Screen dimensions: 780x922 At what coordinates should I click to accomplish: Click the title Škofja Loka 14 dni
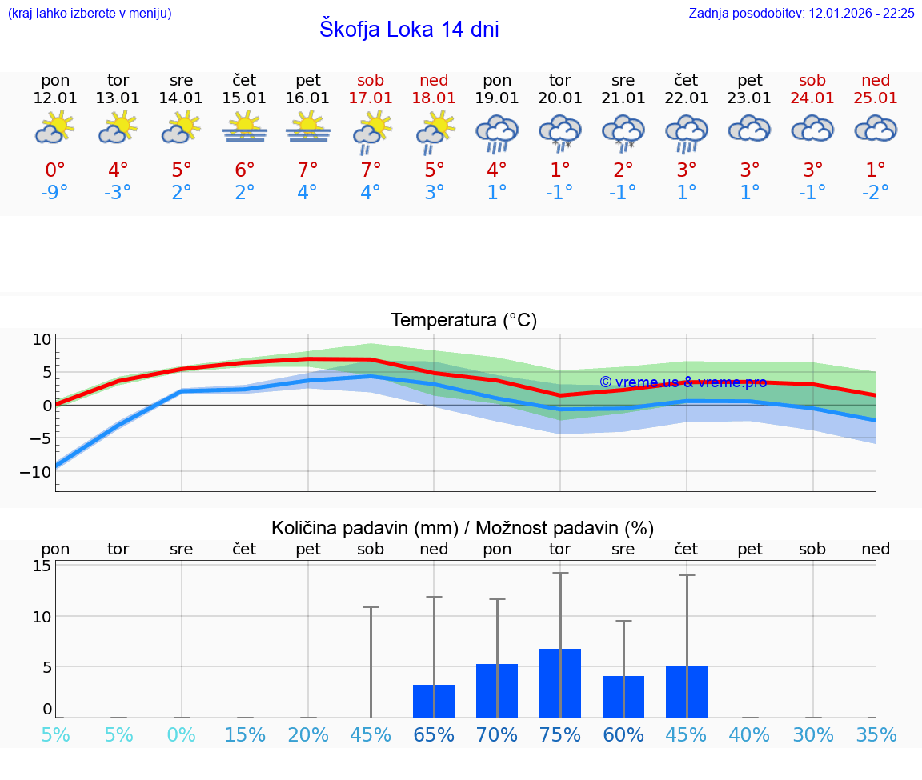[x=409, y=30]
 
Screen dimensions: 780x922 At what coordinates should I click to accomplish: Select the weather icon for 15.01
[x=244, y=128]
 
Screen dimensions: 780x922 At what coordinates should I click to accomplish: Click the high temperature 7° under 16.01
[x=307, y=170]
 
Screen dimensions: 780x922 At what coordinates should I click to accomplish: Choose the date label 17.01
[x=371, y=98]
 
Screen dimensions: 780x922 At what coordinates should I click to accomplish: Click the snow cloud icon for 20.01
[x=559, y=132]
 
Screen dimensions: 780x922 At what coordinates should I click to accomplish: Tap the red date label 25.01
[x=876, y=98]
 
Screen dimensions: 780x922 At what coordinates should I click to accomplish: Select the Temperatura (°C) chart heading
[x=463, y=320]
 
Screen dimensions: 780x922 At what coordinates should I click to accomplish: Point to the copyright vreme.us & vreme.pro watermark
[x=683, y=382]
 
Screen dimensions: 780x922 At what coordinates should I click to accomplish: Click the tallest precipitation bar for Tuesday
[x=559, y=683]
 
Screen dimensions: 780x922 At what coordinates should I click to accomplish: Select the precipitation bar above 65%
[x=434, y=701]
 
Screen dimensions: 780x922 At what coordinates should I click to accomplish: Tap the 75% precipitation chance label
[x=559, y=734]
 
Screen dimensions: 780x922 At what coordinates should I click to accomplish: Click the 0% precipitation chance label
[x=182, y=734]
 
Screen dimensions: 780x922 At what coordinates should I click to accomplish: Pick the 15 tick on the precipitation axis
[x=42, y=566]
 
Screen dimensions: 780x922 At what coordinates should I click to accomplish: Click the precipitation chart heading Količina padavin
[x=463, y=528]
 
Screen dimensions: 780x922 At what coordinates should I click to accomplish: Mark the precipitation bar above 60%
[x=623, y=697]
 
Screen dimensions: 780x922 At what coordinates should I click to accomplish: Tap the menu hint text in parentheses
[x=90, y=13]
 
